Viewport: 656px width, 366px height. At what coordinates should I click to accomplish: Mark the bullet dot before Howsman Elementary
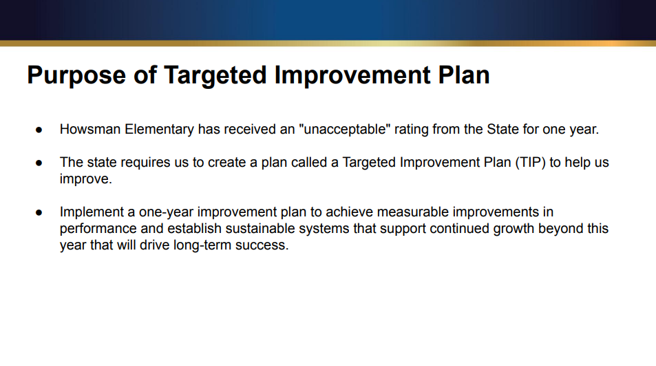click(39, 130)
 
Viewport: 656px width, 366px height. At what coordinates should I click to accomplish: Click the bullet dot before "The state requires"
click(39, 163)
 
